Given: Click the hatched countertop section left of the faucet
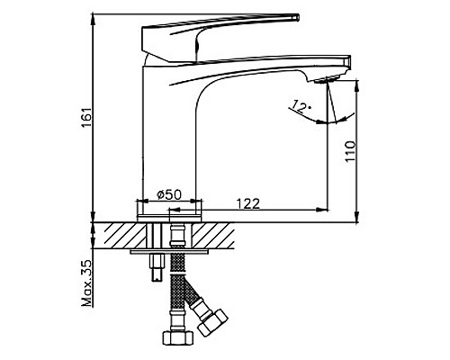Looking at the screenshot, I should tap(122, 235).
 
